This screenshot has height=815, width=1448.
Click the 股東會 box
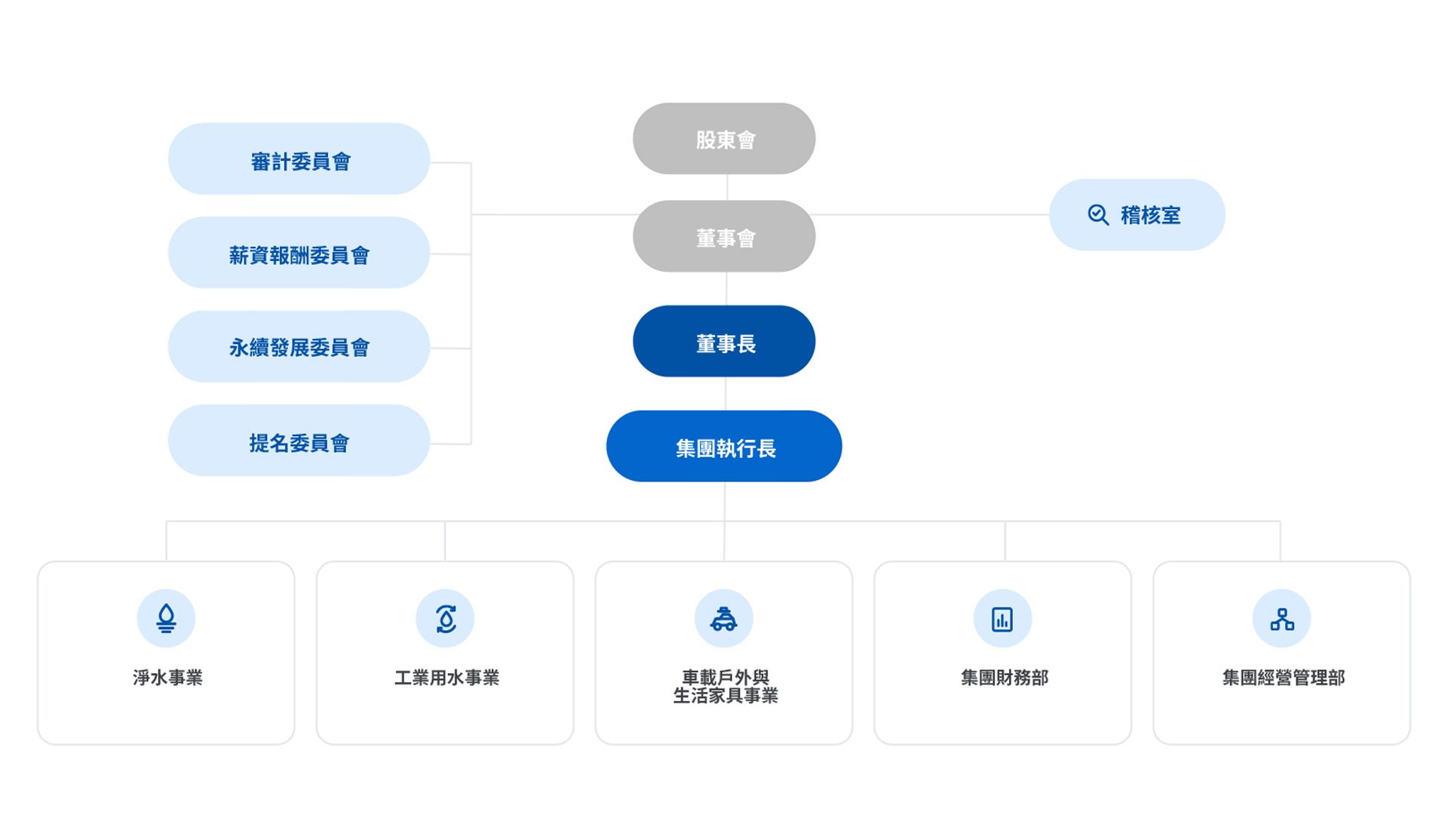pos(724,139)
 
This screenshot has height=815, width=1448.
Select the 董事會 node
pos(724,236)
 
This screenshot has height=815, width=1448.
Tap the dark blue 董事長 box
pos(724,341)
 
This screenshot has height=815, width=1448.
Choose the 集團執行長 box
pos(724,446)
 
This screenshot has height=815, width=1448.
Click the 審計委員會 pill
pos(299,159)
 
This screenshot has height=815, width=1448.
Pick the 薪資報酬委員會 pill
pos(299,253)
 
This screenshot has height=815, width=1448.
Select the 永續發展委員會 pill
pos(299,346)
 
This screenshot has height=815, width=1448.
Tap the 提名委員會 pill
pos(299,441)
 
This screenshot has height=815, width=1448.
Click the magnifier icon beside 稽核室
pos(1098,215)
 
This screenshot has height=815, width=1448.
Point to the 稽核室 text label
pos(1150,216)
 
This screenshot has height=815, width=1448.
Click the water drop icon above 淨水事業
pos(166,619)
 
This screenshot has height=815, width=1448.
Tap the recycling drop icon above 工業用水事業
pos(445,619)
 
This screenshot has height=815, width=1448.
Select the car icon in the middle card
pos(724,619)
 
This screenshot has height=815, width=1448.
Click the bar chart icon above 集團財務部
pos(1002,619)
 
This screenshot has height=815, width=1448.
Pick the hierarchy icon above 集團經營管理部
pos(1281,619)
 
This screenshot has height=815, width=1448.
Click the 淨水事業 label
pos(167,678)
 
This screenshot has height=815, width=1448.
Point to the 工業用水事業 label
pos(446,678)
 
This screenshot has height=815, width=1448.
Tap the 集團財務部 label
pos(1005,678)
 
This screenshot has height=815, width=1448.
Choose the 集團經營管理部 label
pos(1284,678)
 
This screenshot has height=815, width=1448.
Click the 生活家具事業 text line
pos(726,696)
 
